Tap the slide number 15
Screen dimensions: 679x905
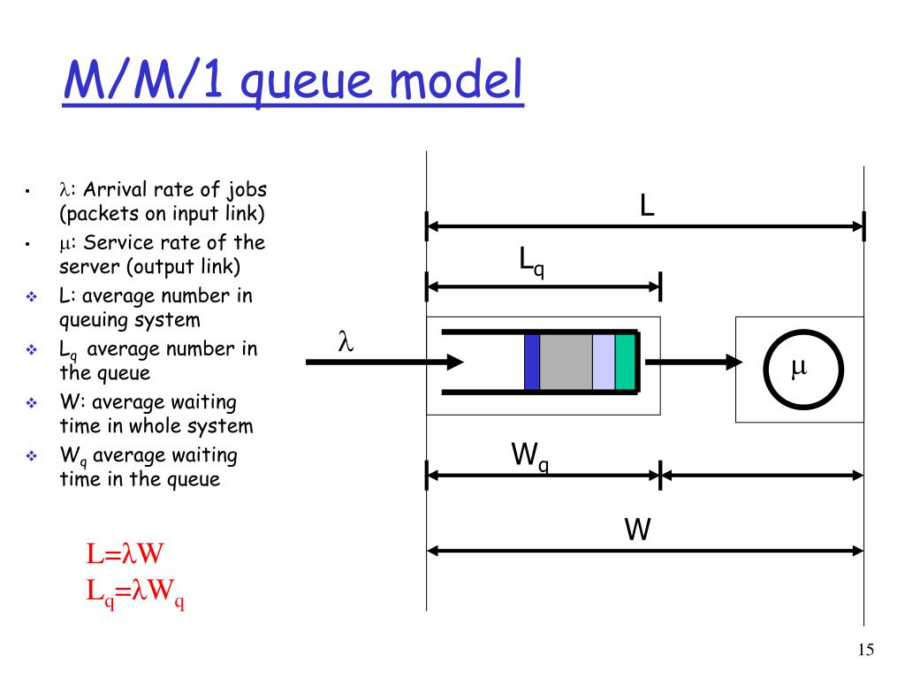click(x=865, y=651)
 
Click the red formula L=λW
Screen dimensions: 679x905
click(x=125, y=554)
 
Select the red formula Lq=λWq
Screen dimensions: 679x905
click(x=134, y=591)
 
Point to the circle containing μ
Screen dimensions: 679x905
click(x=800, y=369)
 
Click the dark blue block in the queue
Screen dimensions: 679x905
click(x=531, y=362)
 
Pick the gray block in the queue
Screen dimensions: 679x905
click(x=566, y=362)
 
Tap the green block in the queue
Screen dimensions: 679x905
click(x=625, y=362)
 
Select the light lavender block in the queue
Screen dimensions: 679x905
click(x=603, y=362)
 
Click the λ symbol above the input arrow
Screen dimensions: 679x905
click(x=346, y=342)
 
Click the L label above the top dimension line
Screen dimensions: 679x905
click(x=647, y=206)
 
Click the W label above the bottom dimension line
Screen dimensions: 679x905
click(x=637, y=530)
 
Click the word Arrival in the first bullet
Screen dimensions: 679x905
click(x=115, y=190)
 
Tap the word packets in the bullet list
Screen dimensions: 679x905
click(x=99, y=214)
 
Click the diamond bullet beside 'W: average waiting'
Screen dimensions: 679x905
click(x=30, y=403)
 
